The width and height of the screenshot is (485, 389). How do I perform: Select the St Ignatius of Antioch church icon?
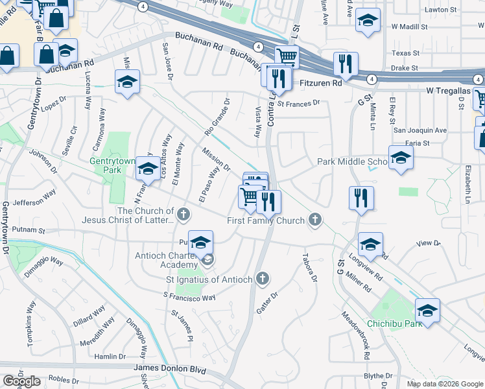[263, 279]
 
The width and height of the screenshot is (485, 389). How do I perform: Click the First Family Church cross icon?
[315, 220]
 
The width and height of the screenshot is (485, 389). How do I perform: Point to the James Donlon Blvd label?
[169, 369]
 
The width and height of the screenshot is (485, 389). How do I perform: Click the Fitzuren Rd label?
[320, 84]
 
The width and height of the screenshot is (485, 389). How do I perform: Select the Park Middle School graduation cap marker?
[401, 158]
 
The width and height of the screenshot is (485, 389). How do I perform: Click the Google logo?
[21, 382]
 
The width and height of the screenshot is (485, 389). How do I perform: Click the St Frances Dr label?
[299, 103]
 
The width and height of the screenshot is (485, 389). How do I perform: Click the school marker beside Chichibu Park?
[427, 311]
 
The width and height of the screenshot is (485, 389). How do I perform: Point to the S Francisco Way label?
[189, 297]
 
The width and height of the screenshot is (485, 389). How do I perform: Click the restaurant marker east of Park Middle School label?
[361, 197]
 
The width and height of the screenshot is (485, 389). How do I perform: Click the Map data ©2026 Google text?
[444, 384]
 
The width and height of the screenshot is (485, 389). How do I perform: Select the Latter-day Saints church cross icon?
[184, 213]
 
